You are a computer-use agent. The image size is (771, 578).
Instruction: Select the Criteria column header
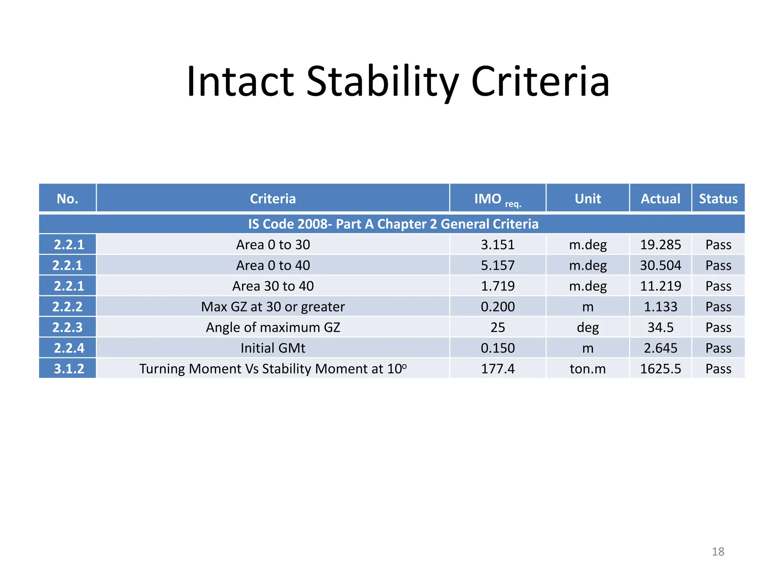coord(273,199)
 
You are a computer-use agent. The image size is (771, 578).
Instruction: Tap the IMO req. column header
coord(497,199)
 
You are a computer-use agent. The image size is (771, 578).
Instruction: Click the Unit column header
coord(587,199)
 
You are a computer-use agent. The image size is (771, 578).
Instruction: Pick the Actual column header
coord(660,199)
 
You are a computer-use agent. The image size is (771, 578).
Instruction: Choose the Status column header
coord(718,199)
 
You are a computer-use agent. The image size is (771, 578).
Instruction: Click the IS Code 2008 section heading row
coord(393,224)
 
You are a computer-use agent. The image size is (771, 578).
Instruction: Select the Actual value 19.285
coord(660,245)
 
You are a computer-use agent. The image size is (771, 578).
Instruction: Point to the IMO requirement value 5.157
coord(497,266)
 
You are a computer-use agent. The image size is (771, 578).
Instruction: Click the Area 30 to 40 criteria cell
coord(273,286)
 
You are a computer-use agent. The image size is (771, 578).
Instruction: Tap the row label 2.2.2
coord(67,307)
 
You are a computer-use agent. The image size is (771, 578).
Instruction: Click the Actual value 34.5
coord(660,327)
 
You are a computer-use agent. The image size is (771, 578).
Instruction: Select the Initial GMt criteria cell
coord(273,348)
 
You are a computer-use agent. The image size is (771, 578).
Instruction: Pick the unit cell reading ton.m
coord(587,369)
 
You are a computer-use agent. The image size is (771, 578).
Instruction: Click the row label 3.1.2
coord(69,369)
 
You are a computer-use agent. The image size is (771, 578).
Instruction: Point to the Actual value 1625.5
coord(660,369)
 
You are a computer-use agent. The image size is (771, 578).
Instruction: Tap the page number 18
coord(718,552)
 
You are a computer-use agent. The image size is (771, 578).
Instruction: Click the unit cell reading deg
coord(587,327)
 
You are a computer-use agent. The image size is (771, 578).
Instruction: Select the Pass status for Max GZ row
coord(718,307)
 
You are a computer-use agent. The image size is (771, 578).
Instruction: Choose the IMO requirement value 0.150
coord(497,348)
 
